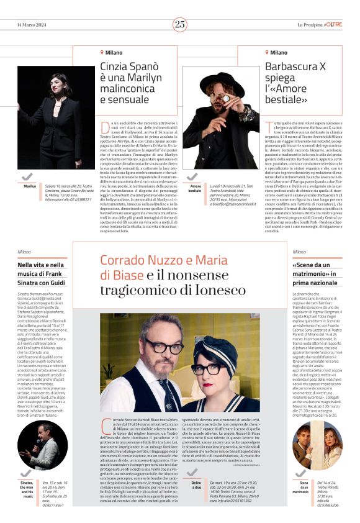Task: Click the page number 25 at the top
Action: point(179,24)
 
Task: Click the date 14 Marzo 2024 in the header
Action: point(32,24)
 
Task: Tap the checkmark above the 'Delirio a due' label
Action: point(196,471)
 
